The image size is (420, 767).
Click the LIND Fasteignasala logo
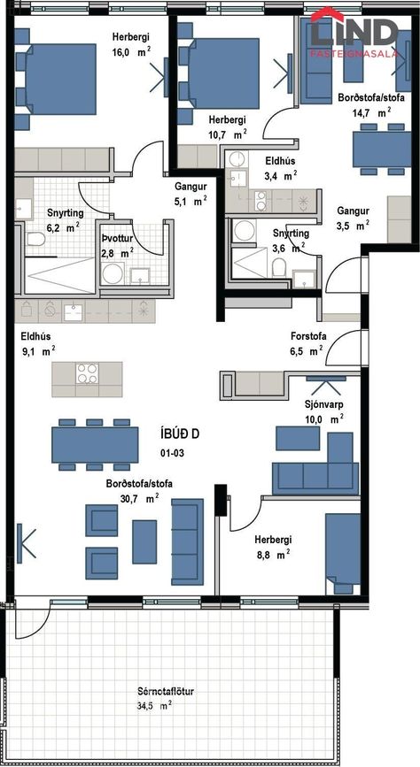pos(354,33)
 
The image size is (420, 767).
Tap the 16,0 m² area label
pos(131,53)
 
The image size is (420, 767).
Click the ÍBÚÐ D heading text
pos(180,433)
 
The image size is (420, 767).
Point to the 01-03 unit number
pos(172,454)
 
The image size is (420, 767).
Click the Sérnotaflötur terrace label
pos(166,692)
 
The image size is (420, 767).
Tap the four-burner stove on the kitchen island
pos(87,374)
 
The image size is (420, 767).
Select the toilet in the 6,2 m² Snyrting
pos(36,239)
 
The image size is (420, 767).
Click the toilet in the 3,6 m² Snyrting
pos(279,267)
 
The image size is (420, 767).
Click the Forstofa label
pos(308,336)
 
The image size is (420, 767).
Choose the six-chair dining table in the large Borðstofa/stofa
pos(95,445)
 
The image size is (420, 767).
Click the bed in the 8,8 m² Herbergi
pos(343,553)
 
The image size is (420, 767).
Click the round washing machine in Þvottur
pos(113,274)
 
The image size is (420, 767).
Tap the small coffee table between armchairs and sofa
pos(144,541)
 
